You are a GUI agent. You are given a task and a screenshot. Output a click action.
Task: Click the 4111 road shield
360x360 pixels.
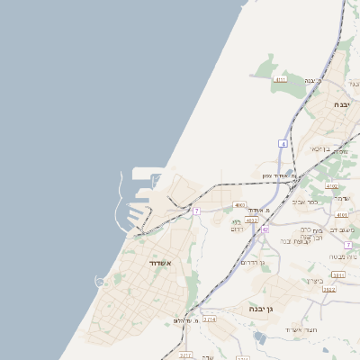click(x=281, y=79)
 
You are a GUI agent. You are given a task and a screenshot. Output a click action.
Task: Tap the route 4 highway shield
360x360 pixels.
click(x=283, y=143)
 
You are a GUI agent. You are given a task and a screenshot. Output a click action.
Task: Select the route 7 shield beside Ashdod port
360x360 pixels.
click(x=196, y=211)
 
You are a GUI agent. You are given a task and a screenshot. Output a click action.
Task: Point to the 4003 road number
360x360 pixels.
click(x=238, y=206)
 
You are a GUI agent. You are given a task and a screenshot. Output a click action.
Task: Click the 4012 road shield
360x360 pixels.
click(x=252, y=220)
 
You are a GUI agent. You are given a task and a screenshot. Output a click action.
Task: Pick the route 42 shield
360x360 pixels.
click(x=264, y=230)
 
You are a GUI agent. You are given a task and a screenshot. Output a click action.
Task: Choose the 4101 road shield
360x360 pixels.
click(x=341, y=215)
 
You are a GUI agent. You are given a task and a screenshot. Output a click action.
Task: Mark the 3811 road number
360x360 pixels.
click(x=337, y=274)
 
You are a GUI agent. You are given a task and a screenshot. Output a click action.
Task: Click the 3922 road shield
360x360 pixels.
click(x=328, y=290)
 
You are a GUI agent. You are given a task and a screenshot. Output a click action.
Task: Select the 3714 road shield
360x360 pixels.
click(x=209, y=319)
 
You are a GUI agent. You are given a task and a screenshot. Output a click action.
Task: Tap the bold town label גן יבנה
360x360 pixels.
click(x=262, y=308)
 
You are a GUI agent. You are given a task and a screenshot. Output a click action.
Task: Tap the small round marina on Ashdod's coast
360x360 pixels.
click(x=100, y=282)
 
